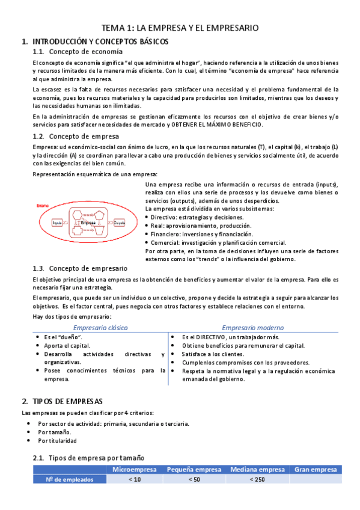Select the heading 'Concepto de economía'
click(x=81, y=52)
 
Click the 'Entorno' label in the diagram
click(x=43, y=206)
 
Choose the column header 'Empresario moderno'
click(x=252, y=327)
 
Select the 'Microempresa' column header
click(x=135, y=469)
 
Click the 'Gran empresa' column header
click(x=316, y=469)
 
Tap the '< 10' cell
click(x=135, y=479)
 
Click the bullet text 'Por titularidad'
click(x=57, y=441)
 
